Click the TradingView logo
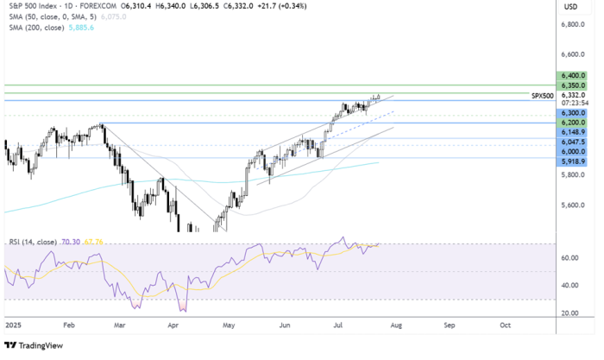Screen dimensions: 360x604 [x=30, y=348]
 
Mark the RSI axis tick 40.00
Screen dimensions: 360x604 [x=569, y=285]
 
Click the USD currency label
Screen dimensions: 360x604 [x=569, y=7]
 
